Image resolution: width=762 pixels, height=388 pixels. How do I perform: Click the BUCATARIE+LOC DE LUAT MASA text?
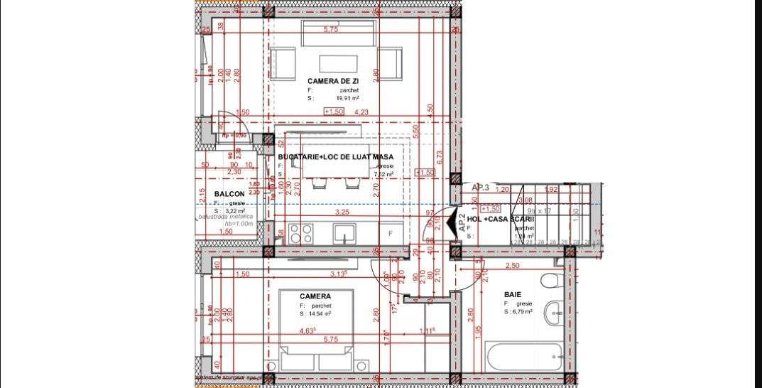336,156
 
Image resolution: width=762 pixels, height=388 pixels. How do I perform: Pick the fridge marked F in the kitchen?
390,233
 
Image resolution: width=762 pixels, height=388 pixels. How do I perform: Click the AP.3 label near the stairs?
481,187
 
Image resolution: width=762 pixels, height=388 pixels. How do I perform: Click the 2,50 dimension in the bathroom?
513,266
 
